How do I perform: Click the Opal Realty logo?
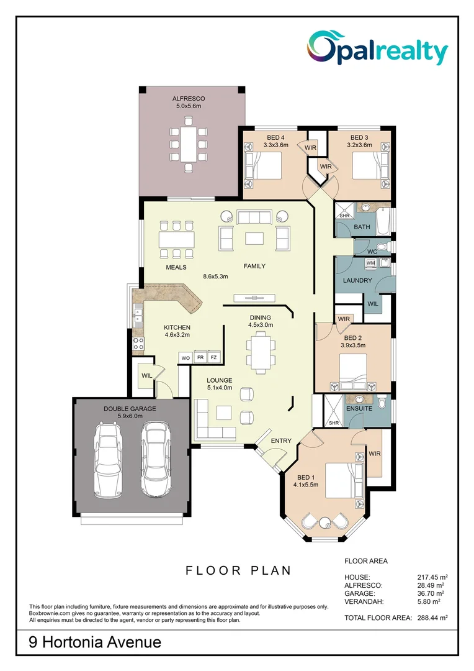coord(377,49)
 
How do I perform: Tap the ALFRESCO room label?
coord(189,99)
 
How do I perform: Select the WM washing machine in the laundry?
coord(371,264)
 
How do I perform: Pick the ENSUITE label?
coord(360,408)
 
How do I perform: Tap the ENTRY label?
coord(281,440)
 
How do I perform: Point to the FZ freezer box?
coord(214,358)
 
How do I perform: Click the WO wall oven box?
coord(185,358)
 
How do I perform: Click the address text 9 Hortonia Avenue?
coord(95,642)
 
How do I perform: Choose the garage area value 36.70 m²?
coord(431,593)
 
